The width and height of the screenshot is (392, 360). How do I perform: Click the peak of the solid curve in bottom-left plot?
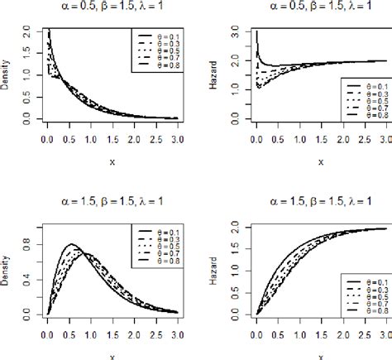pos(72,244)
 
